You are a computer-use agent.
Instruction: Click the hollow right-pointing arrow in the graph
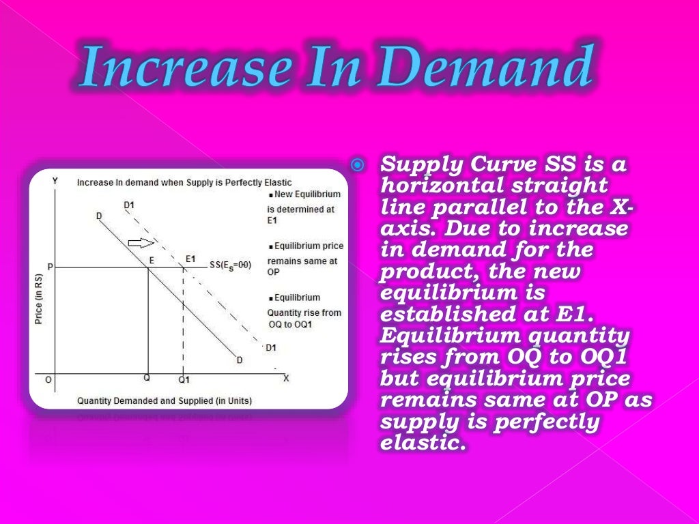(x=141, y=243)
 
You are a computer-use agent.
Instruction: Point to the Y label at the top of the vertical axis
(x=55, y=181)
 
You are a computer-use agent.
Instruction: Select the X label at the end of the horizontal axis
(x=286, y=377)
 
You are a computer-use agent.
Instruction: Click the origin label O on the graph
(x=47, y=379)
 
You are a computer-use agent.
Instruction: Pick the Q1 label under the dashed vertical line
(x=184, y=379)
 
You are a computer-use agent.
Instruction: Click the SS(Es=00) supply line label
(x=233, y=265)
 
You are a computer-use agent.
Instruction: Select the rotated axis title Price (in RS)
(x=38, y=299)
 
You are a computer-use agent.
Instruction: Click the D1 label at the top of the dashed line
(x=129, y=205)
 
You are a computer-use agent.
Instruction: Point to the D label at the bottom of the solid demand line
(x=240, y=360)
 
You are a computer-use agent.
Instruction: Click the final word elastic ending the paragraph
(x=422, y=444)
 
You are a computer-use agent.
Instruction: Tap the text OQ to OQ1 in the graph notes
(x=289, y=323)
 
